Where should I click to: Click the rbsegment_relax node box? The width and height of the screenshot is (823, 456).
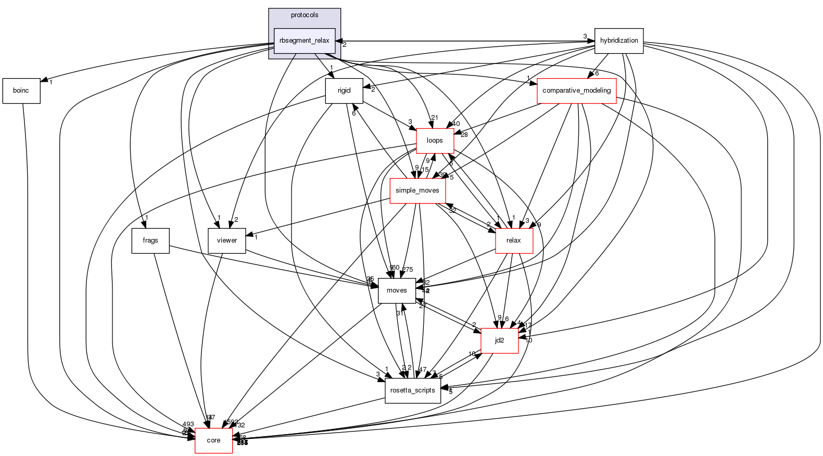click(305, 41)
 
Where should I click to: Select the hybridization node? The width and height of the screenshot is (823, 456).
click(619, 41)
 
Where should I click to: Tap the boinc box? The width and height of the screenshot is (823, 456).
click(21, 91)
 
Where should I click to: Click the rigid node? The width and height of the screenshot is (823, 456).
click(344, 91)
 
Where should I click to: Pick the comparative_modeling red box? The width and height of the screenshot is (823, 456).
click(576, 91)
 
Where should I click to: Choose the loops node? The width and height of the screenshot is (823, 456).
click(435, 141)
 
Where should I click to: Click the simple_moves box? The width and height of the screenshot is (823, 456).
click(417, 191)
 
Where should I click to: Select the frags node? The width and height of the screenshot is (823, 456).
click(150, 240)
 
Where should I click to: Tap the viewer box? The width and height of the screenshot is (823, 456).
click(226, 240)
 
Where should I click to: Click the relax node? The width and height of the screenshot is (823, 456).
click(513, 240)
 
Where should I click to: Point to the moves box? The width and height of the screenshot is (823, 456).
click(397, 290)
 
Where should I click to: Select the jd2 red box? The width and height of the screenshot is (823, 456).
click(499, 340)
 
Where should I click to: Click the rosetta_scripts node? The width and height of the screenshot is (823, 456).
click(413, 390)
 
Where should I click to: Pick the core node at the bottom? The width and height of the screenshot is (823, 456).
click(213, 440)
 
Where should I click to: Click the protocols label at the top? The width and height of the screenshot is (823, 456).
click(305, 15)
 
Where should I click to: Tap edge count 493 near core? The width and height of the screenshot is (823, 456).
click(188, 424)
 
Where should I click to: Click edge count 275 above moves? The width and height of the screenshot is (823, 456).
click(407, 270)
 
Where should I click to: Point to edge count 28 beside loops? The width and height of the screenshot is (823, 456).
click(464, 135)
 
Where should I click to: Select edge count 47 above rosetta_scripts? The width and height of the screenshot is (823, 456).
click(422, 369)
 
